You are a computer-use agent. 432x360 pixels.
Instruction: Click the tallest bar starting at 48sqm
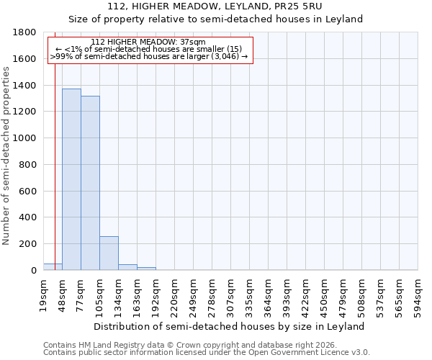pyautogui.click(x=71, y=179)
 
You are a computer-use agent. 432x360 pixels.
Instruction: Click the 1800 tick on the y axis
pyautogui.click(x=25, y=32)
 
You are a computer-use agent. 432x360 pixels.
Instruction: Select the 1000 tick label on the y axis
pyautogui.click(x=25, y=138)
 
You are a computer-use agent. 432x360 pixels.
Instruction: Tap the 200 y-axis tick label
pyautogui.click(x=28, y=244)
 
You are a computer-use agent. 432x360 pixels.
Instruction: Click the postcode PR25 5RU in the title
pyautogui.click(x=310, y=6)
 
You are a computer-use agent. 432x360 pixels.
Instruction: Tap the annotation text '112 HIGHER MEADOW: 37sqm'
pyautogui.click(x=149, y=42)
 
